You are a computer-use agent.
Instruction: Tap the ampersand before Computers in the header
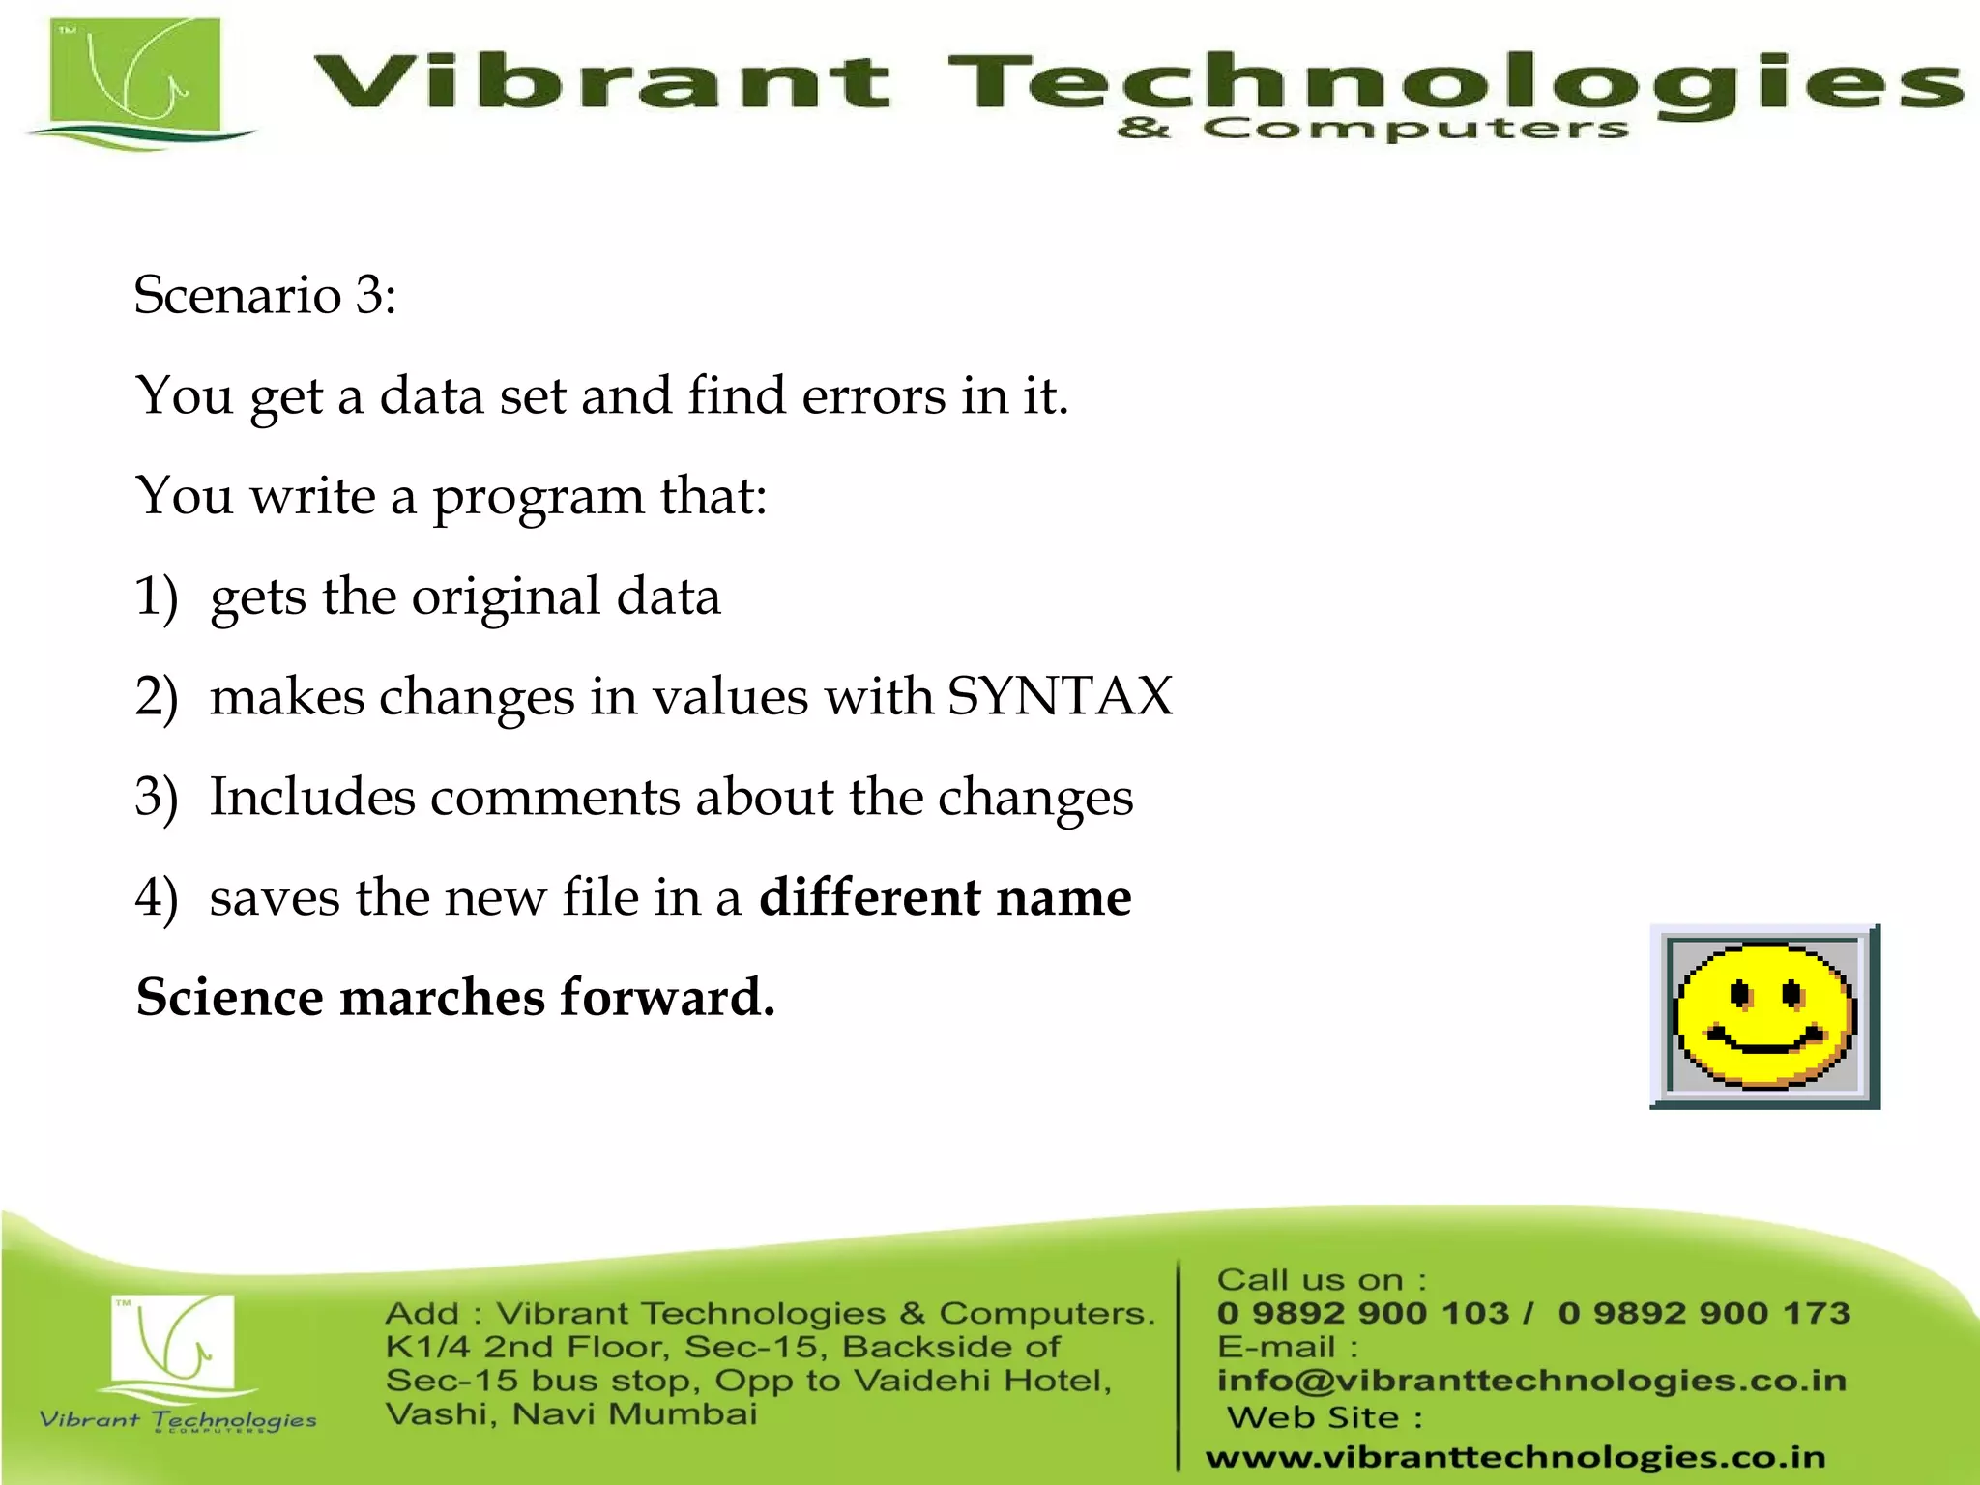[1143, 129]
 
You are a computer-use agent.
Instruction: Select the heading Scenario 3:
[265, 294]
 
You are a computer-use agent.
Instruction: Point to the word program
[538, 497]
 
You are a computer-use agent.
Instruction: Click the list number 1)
[157, 597]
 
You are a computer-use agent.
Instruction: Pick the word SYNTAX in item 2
[1060, 696]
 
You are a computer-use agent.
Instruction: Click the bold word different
[870, 897]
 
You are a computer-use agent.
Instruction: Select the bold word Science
[230, 998]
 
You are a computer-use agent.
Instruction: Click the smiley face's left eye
[1740, 993]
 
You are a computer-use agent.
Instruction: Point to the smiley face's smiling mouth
[1765, 1043]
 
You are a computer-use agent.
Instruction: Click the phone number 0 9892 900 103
[1362, 1313]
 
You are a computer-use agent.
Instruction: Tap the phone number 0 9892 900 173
[1703, 1313]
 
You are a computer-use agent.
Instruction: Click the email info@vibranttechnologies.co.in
[1531, 1381]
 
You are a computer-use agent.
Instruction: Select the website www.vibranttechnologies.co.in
[1515, 1457]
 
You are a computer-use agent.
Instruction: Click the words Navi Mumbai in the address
[634, 1414]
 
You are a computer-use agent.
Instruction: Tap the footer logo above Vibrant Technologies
[173, 1344]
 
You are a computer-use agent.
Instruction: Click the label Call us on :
[1322, 1280]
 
